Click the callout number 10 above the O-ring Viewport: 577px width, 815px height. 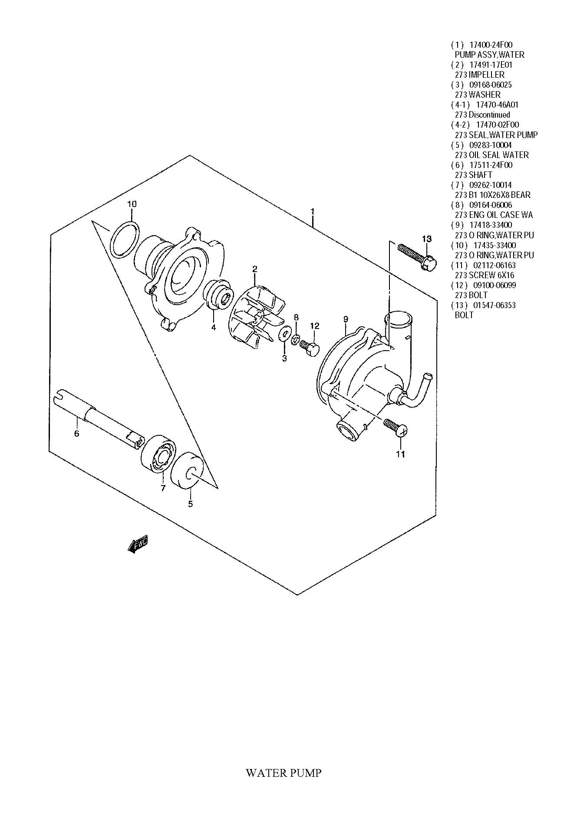point(132,204)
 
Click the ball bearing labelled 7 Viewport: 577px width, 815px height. point(158,455)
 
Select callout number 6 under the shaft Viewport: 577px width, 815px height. point(77,433)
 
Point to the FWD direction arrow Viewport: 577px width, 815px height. point(138,544)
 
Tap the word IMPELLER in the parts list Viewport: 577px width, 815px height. point(486,75)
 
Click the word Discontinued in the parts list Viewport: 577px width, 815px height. point(489,115)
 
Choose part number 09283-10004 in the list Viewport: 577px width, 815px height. point(491,145)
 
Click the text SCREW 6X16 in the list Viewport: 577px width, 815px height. point(491,275)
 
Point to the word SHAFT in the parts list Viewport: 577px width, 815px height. point(481,175)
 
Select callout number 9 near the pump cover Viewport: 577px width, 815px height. point(346,319)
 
